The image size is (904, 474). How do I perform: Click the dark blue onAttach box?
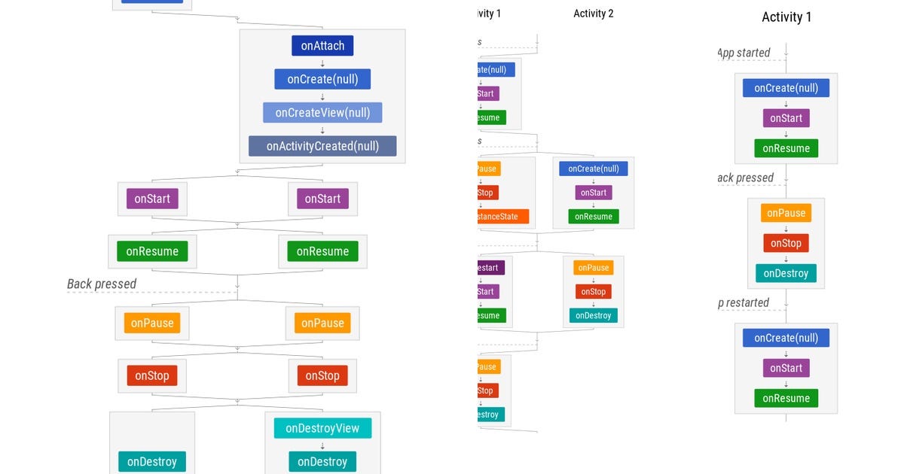point(322,46)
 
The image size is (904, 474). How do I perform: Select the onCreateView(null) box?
point(322,113)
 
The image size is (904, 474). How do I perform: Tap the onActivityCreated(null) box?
point(322,146)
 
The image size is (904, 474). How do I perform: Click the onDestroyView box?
point(322,428)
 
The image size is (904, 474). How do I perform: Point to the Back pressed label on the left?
point(102,284)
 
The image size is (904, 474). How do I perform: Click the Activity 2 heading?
point(594,14)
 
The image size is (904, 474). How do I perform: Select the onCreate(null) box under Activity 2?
point(594,169)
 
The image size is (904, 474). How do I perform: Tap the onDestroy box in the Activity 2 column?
point(594,315)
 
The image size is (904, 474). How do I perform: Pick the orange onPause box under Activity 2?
point(594,267)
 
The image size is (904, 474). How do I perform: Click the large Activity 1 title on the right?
point(786,17)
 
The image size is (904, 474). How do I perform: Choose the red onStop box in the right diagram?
point(786,243)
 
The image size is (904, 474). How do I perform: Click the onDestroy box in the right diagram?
point(786,273)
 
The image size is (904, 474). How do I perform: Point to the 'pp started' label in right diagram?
point(744,53)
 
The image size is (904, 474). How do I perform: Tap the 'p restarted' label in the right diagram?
point(744,302)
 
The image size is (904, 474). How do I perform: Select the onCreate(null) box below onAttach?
point(322,79)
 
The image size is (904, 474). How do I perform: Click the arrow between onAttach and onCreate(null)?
point(322,63)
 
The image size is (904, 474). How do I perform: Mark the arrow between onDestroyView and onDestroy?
point(322,445)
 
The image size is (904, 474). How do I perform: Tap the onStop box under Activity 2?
point(594,291)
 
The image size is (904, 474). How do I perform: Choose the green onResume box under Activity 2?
point(594,216)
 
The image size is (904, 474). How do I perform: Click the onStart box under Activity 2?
point(594,193)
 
